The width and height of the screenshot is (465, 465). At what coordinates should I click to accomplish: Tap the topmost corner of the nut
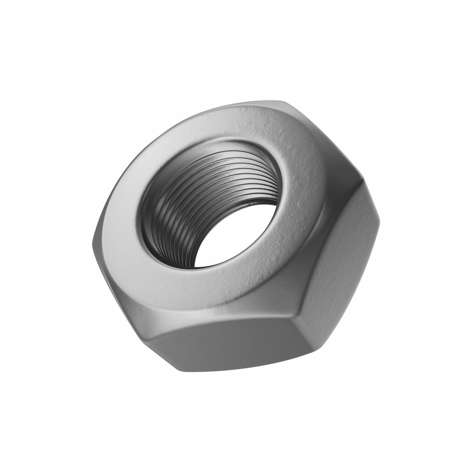(282, 102)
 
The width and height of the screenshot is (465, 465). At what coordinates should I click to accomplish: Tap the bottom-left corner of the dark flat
(149, 340)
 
